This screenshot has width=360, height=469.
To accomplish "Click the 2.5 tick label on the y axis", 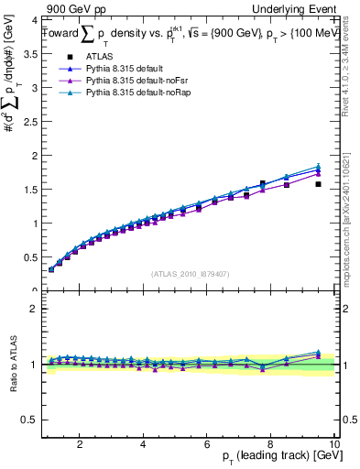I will [30, 121].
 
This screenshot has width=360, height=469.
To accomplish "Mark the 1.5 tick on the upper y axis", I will [30, 189].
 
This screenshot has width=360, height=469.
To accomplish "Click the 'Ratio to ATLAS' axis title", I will [11, 365].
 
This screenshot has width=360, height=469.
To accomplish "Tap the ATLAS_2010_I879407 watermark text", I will [191, 273].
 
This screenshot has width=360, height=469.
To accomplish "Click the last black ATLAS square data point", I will [318, 184].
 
